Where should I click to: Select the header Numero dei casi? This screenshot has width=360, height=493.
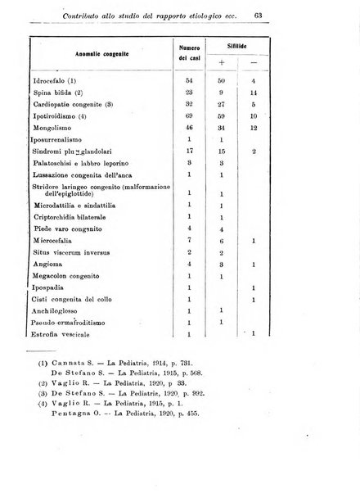[x=190, y=54]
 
